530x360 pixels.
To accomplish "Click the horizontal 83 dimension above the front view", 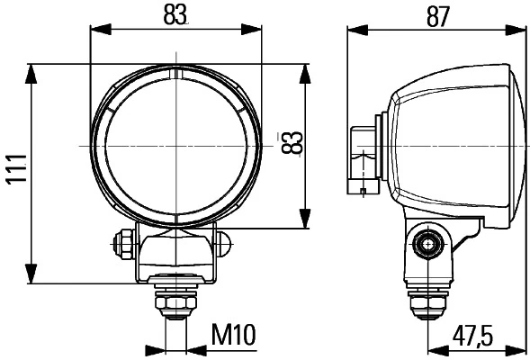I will pos(175,15).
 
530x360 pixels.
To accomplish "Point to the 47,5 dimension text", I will pos(472,335).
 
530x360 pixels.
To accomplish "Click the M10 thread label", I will pos(234,335).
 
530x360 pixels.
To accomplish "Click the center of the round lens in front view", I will pos(175,145).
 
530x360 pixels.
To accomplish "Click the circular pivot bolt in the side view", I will pos(427,242).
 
